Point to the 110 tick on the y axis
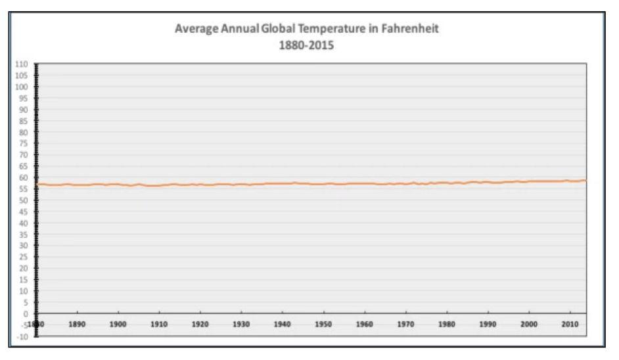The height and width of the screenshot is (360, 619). (23, 64)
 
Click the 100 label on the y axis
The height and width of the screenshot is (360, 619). (23, 87)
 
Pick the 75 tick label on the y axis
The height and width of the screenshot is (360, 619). (24, 143)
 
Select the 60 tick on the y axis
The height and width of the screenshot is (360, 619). (24, 177)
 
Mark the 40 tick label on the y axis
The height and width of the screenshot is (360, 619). (24, 223)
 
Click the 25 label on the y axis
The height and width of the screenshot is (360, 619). (24, 257)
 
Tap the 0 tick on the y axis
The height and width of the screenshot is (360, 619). (26, 313)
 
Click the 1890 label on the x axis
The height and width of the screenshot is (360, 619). (77, 325)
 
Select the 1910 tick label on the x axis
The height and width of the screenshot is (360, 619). (159, 325)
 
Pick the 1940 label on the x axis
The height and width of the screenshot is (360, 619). (282, 325)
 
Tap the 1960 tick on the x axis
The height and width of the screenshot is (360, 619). (364, 325)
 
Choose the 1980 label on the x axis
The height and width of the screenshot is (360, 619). (446, 325)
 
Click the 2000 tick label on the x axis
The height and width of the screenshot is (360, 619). (528, 325)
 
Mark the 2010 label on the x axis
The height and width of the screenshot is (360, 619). (569, 325)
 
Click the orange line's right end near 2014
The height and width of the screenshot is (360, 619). (585, 180)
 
